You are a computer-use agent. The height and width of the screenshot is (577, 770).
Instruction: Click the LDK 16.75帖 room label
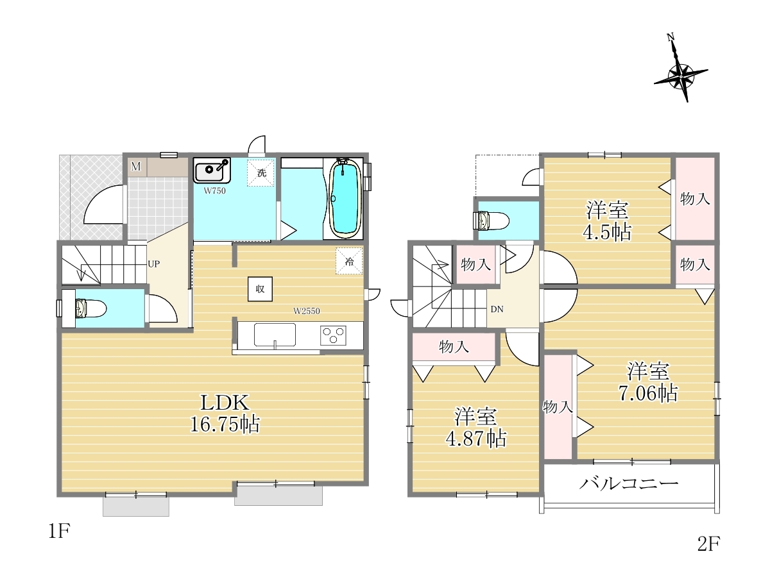click(225, 413)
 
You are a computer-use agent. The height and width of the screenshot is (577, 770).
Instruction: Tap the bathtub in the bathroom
click(345, 199)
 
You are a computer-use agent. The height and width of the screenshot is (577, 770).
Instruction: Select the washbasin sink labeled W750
click(212, 171)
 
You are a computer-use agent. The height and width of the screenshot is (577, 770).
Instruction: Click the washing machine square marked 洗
click(261, 172)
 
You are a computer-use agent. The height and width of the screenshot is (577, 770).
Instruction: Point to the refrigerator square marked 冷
click(349, 261)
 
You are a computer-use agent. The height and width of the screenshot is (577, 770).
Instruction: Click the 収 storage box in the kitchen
click(260, 289)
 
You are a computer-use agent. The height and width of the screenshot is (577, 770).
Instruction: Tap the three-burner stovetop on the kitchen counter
click(333, 335)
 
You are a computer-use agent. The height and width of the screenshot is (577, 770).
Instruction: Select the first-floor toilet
click(90, 308)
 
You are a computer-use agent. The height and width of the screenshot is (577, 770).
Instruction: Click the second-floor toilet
click(491, 221)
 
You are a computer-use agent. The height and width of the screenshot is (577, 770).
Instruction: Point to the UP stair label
click(153, 263)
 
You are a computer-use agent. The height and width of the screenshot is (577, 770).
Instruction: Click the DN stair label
click(497, 309)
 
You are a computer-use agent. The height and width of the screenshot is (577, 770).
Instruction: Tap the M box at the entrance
click(136, 167)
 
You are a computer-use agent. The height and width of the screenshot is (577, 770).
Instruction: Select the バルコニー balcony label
click(628, 484)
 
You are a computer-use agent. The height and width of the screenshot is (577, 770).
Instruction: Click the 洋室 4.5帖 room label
click(607, 221)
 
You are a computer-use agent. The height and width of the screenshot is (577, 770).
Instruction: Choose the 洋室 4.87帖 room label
click(475, 427)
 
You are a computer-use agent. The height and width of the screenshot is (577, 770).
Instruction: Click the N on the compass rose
click(671, 37)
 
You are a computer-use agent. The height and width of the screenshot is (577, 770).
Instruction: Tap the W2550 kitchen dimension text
click(306, 311)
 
